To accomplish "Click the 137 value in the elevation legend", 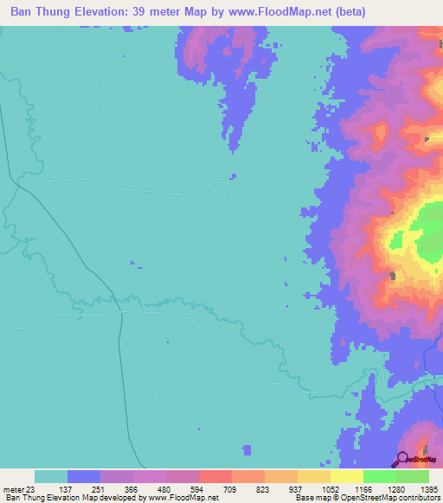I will (x=85, y=490).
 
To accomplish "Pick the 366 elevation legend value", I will (x=151, y=490).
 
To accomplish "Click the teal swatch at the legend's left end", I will (x=51, y=476).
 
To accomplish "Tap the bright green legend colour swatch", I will (x=380, y=476).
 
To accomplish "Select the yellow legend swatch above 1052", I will (x=314, y=476).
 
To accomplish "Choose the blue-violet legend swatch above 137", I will (x=84, y=476).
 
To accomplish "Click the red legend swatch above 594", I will (x=215, y=476).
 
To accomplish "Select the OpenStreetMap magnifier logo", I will (x=405, y=459).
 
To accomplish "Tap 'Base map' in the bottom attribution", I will (x=311, y=499).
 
